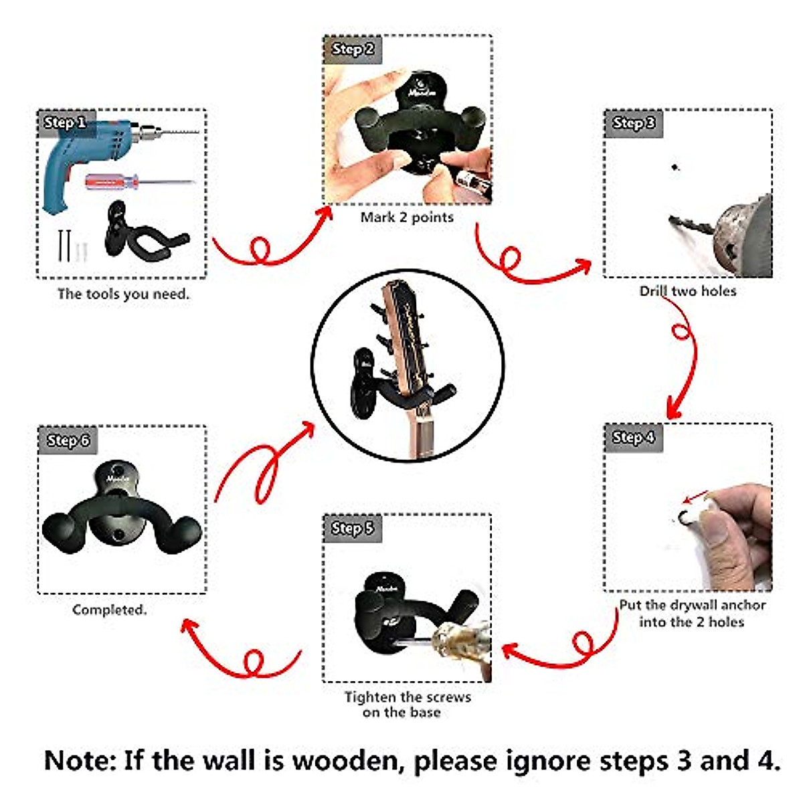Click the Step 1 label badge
[65, 123]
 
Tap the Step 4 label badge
[633, 438]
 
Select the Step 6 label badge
[68, 440]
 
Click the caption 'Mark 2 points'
[407, 217]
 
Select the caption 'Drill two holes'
[687, 291]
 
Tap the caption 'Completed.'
[109, 610]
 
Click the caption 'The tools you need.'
[123, 294]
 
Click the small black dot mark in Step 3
[675, 167]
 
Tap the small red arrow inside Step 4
[696, 497]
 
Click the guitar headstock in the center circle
[405, 335]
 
